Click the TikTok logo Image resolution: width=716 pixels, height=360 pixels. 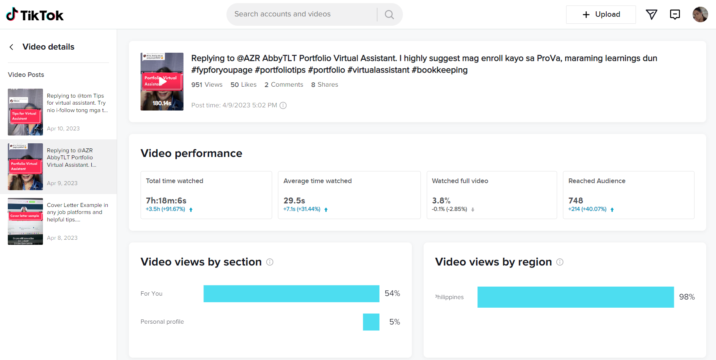[x=35, y=15]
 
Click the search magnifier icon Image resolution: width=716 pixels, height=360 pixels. [x=389, y=14]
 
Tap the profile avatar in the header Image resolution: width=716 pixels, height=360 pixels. [x=700, y=14]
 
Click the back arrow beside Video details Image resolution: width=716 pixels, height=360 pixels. [x=12, y=47]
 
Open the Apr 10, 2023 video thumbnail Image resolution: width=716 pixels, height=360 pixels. [x=25, y=112]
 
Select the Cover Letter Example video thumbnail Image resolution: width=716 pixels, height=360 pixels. [x=25, y=221]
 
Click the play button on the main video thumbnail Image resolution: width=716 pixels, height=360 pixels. [x=162, y=82]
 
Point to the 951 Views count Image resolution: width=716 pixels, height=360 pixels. [x=207, y=85]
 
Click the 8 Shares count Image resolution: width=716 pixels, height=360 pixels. [x=324, y=85]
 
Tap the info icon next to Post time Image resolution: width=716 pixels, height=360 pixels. [x=283, y=105]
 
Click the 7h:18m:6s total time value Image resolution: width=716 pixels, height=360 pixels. [x=166, y=200]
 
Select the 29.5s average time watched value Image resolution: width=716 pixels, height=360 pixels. [x=294, y=200]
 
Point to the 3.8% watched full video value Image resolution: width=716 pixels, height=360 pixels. [x=441, y=200]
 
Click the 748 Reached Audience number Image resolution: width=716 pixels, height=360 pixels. [x=576, y=200]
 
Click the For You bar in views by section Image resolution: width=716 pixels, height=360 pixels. [x=291, y=294]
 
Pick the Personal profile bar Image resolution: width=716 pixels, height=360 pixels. [x=371, y=322]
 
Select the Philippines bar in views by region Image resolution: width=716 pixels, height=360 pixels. [x=575, y=297]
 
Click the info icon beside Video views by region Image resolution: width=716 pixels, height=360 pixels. [x=560, y=262]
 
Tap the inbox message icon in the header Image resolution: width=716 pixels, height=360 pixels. [x=675, y=14]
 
